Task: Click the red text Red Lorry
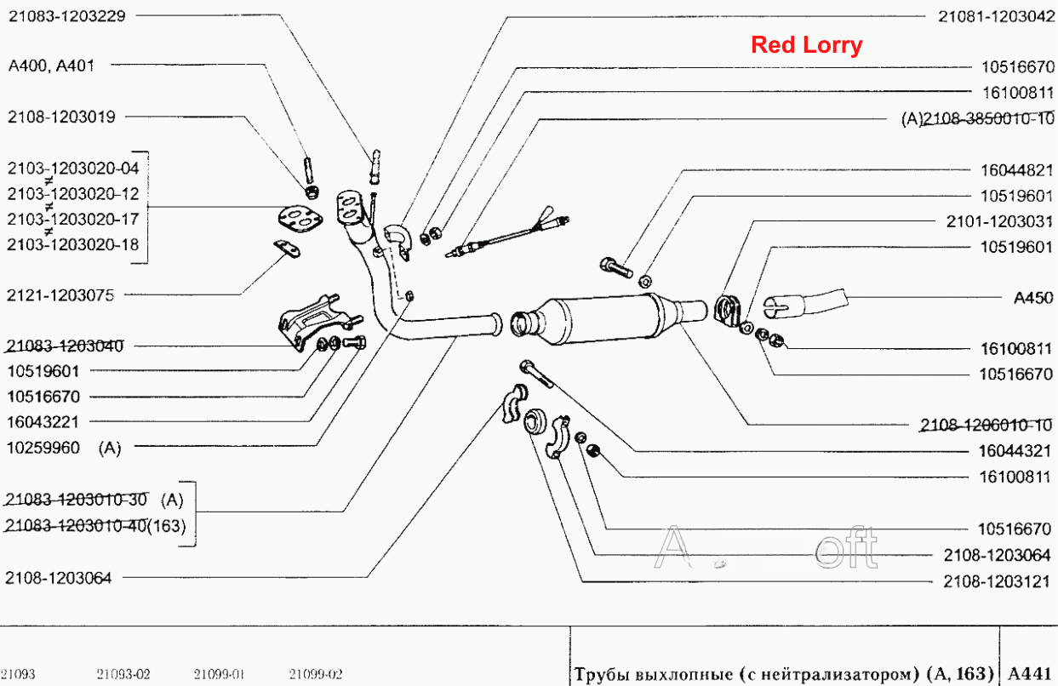807,45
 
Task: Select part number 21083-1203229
67,16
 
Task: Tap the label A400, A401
51,66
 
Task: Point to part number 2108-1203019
61,117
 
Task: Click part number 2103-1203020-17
73,220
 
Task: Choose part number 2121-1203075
60,295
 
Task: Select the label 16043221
43,422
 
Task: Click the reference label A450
1033,298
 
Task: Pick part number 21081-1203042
996,16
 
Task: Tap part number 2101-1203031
999,221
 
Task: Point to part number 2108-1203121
997,581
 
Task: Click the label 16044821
1017,170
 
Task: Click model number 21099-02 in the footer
316,674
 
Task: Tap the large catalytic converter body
609,319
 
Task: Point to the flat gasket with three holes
300,220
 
